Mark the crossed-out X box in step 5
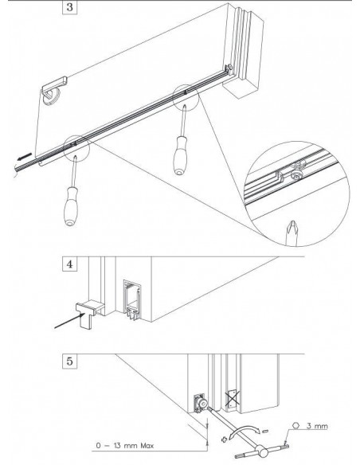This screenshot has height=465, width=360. click(x=233, y=396)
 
